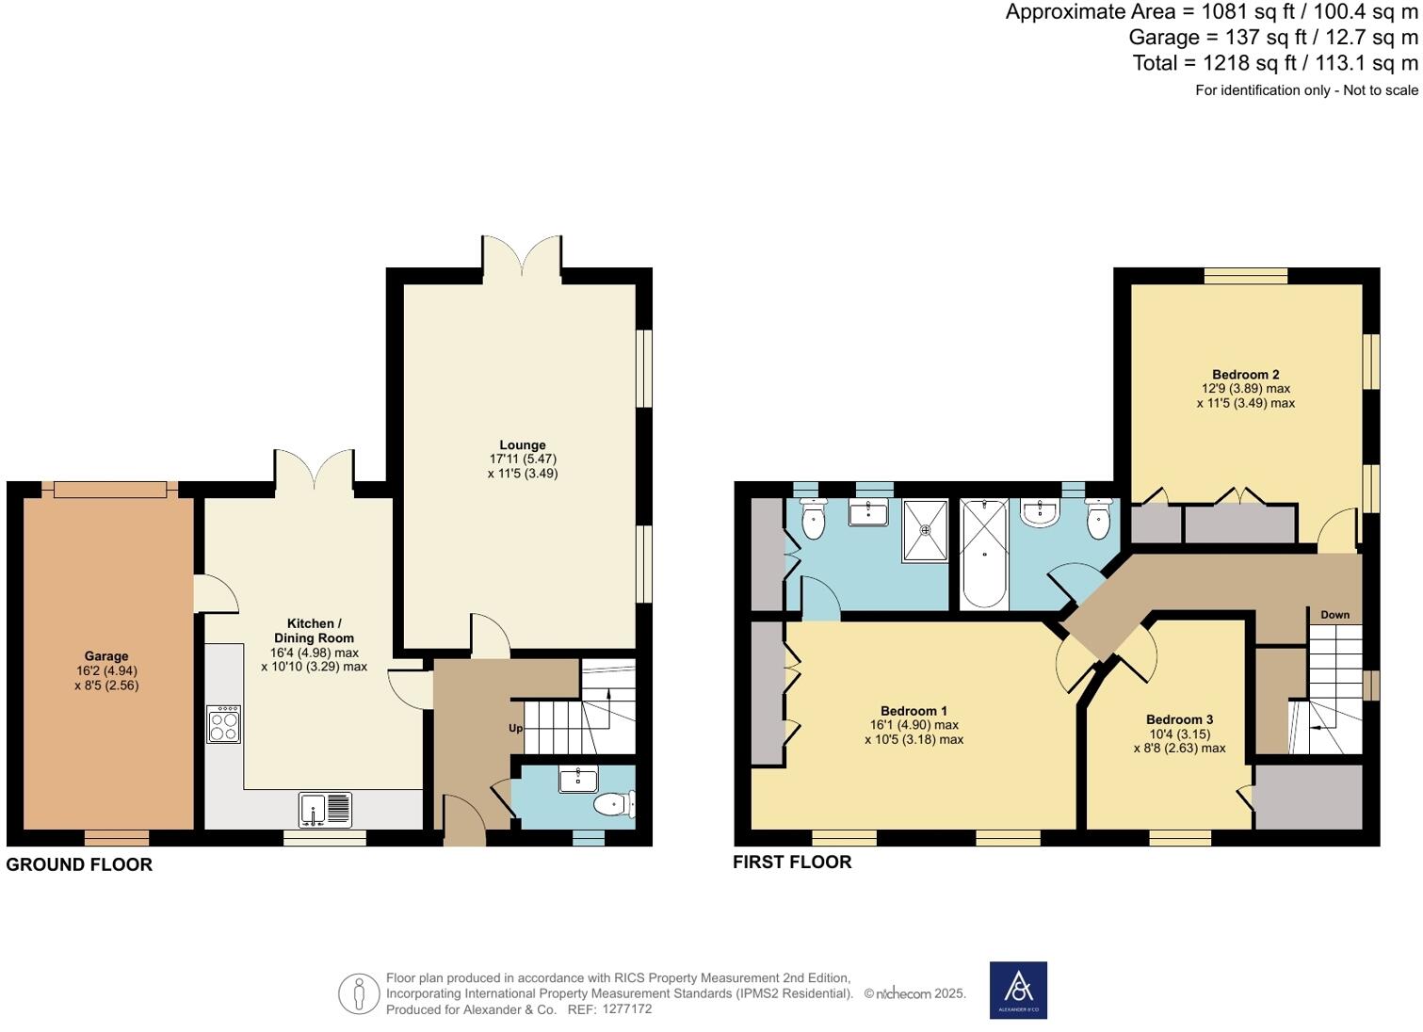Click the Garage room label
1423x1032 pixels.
(105, 656)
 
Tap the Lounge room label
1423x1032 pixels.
(523, 445)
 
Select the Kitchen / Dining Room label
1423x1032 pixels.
(314, 631)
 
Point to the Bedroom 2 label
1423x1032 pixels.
(1245, 375)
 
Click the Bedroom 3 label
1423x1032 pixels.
(1179, 719)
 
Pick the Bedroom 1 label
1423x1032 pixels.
(914, 711)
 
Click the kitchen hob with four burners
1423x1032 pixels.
(224, 725)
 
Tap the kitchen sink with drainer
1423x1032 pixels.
(325, 810)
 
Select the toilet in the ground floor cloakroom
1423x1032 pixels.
(615, 805)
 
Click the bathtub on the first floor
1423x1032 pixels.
(984, 554)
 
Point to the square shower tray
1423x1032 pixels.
(926, 530)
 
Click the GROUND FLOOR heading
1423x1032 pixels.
(79, 864)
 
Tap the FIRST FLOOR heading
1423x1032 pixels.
(792, 862)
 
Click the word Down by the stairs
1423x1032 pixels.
(1334, 615)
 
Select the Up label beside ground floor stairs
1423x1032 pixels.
(515, 729)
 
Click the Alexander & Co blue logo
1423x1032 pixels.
(1018, 990)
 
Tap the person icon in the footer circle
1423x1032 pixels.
(359, 993)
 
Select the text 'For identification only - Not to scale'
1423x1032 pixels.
(1306, 90)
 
